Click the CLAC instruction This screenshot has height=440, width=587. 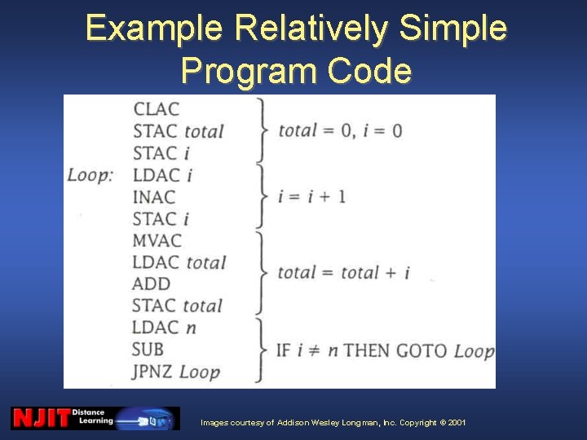click(x=156, y=108)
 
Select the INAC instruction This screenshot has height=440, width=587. click(x=154, y=196)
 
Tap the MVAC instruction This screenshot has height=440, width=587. click(x=157, y=240)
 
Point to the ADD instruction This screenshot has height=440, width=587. click(x=151, y=284)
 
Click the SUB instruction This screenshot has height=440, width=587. click(x=148, y=350)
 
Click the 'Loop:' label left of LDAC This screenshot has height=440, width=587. click(x=90, y=174)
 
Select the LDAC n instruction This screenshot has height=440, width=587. click(x=164, y=328)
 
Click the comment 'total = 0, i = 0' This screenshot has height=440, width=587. click(x=340, y=130)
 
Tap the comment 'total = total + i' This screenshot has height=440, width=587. click(x=343, y=273)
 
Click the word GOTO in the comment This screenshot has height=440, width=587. click(x=421, y=350)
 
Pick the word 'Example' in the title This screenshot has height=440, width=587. click(x=154, y=29)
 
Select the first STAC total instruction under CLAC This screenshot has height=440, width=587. click(x=178, y=130)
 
